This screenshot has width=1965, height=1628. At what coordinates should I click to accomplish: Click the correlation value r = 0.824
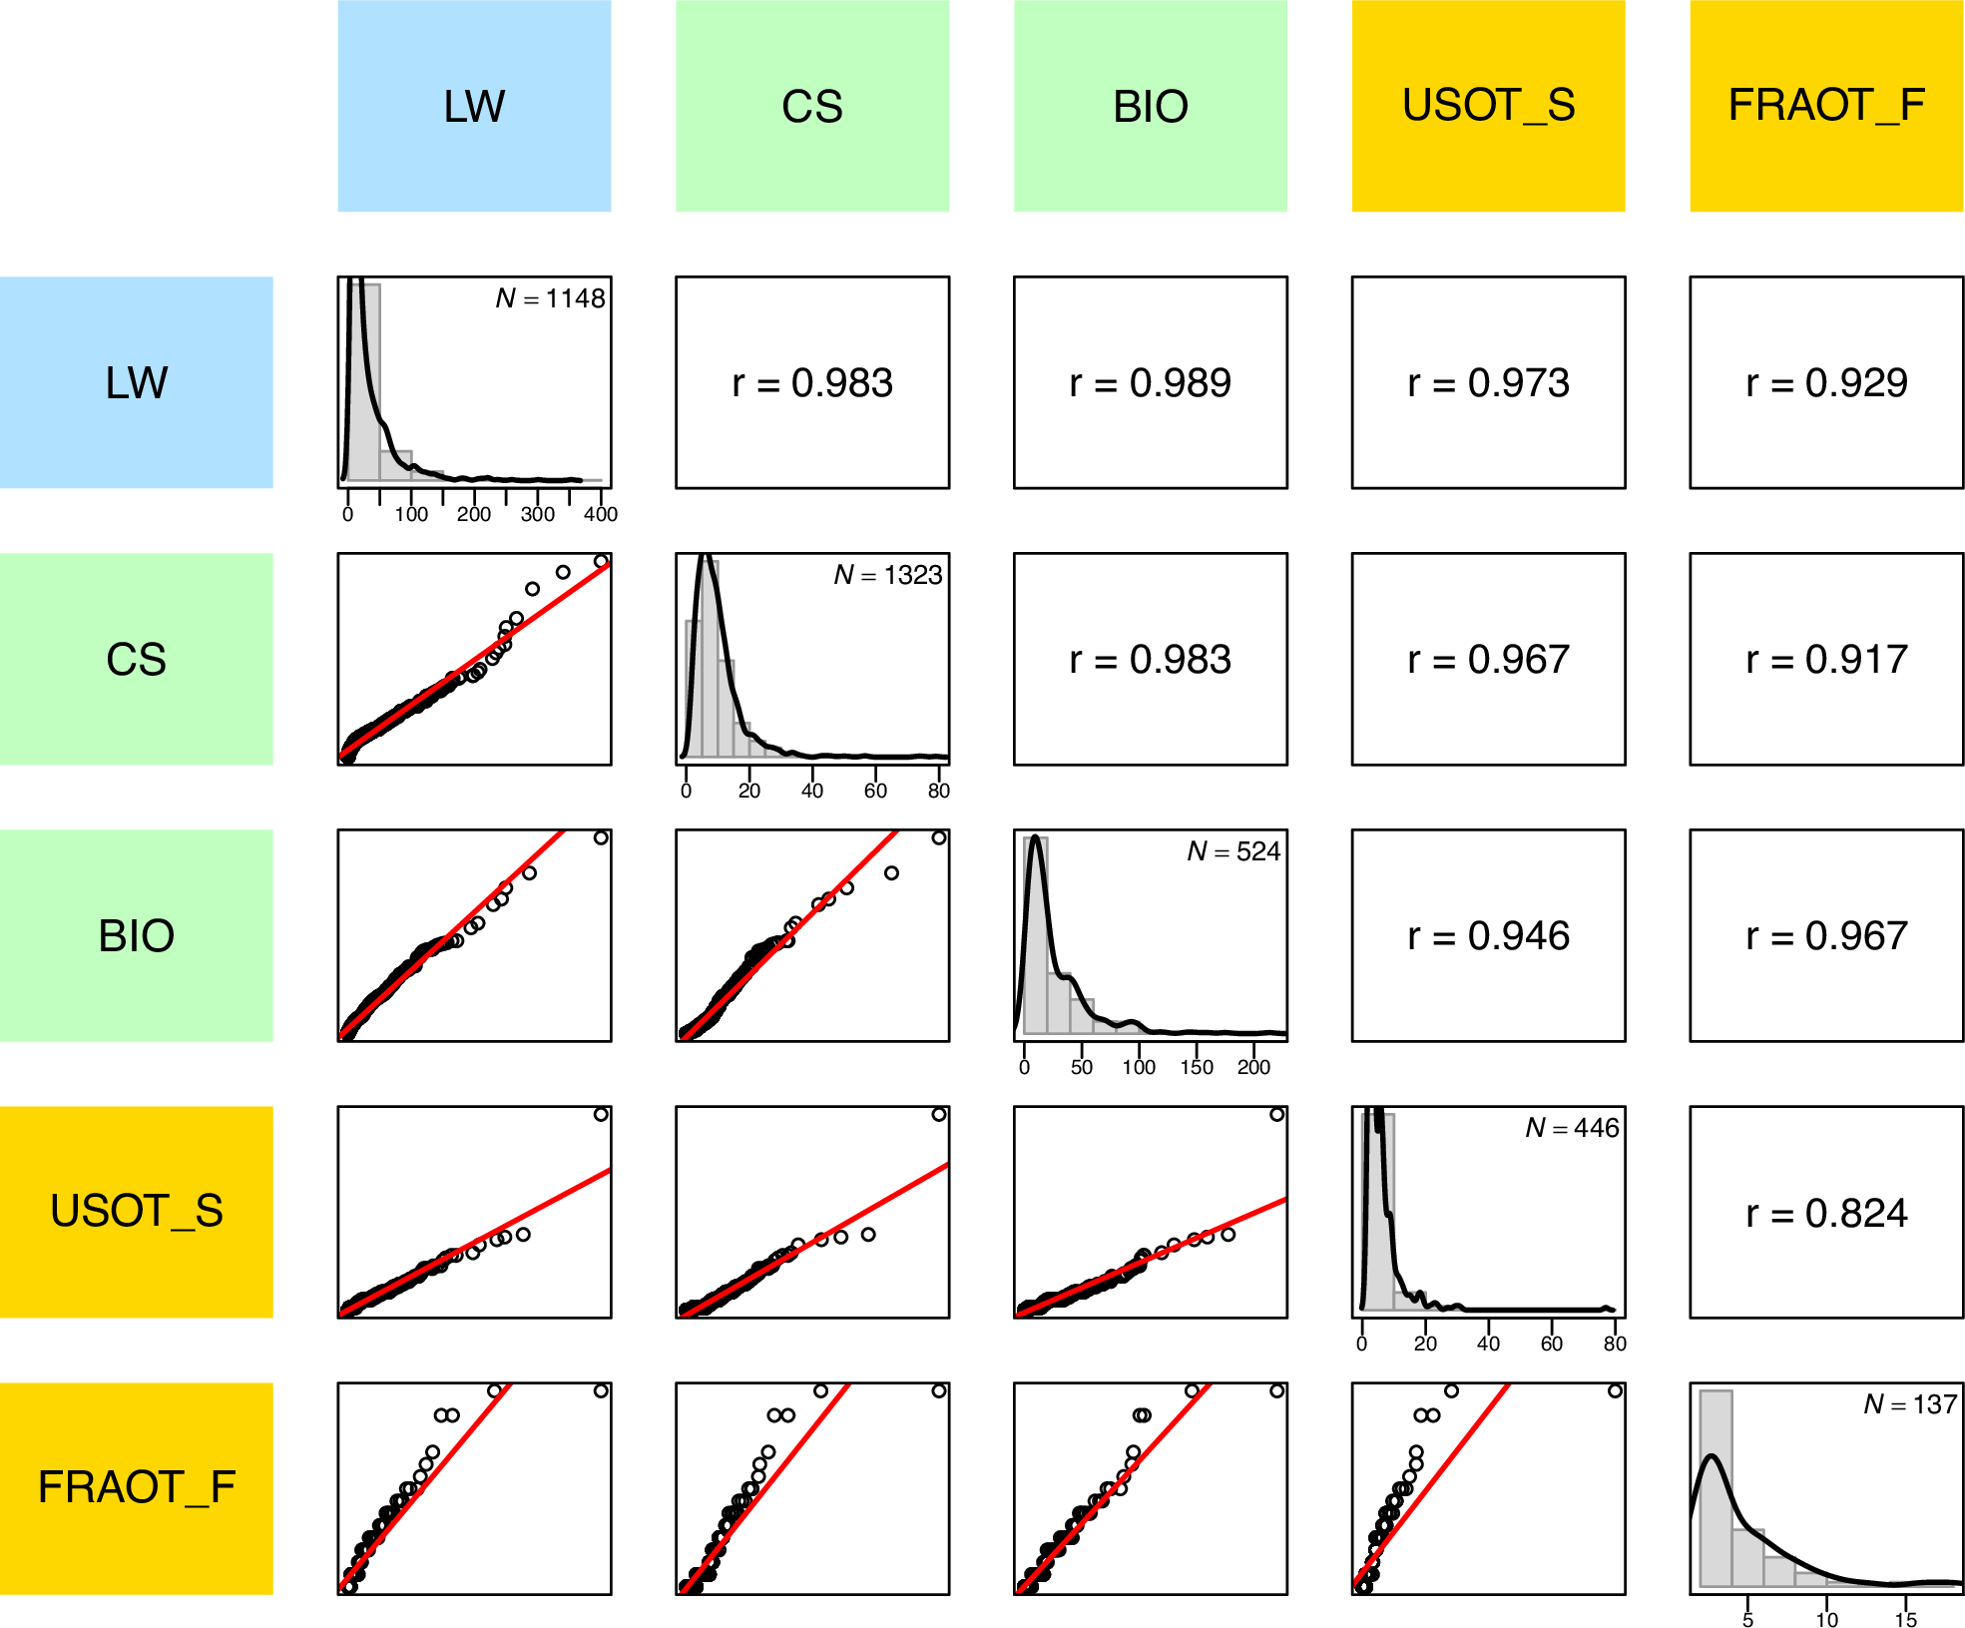1826,1213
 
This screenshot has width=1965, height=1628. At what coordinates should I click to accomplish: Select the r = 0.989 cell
1150,383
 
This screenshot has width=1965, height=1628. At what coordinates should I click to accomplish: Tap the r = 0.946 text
1488,936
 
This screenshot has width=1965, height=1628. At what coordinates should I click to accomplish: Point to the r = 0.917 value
1826,660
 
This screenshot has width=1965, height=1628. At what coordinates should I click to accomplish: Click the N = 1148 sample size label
550,298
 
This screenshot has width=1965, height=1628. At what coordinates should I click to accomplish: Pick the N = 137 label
1909,1404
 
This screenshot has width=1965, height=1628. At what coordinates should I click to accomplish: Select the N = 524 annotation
1233,851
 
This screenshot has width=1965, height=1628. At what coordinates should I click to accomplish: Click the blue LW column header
474,106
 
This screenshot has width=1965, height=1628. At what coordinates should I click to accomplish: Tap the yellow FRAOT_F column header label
1825,106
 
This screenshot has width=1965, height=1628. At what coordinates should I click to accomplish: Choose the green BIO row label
136,936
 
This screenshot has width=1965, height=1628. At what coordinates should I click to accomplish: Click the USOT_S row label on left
136,1212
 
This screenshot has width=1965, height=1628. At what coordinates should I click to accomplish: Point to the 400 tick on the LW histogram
600,514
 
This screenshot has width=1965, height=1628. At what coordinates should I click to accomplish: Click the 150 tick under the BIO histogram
1196,1067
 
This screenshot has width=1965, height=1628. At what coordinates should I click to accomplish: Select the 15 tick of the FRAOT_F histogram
1905,1619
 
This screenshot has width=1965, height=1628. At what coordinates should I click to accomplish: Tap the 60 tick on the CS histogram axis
875,791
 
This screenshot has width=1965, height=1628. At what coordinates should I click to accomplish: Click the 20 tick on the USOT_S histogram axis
1425,1344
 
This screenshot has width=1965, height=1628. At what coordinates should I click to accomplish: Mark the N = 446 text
1572,1128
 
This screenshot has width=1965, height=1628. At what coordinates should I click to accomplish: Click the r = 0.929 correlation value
1826,383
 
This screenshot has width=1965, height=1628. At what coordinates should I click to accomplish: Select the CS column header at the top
812,106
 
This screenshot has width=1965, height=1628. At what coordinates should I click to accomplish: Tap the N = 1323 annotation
887,575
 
